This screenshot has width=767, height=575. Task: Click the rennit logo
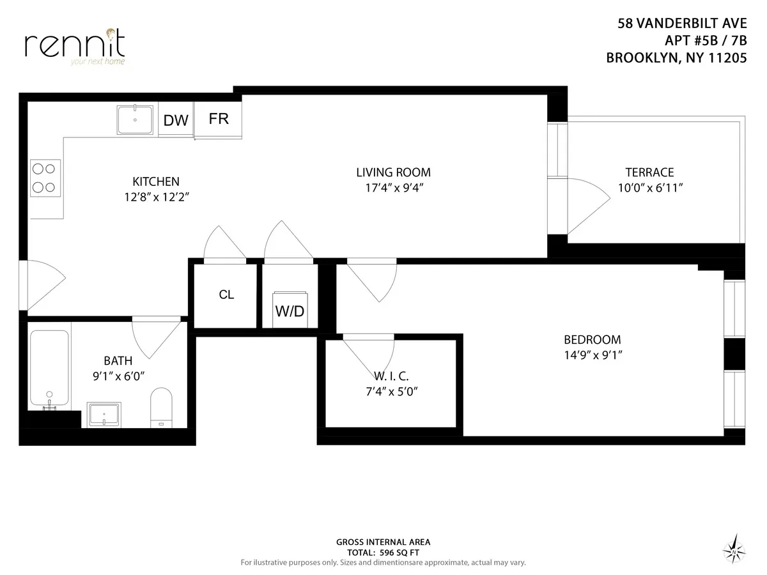[x=75, y=45]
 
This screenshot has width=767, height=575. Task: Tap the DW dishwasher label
[x=176, y=121]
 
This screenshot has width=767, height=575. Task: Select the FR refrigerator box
[x=219, y=119]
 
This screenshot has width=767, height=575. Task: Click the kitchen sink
[x=135, y=119]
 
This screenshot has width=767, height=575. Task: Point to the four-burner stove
[x=45, y=178]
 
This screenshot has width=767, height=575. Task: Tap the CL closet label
[x=226, y=295]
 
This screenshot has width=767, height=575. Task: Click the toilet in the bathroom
[x=161, y=408]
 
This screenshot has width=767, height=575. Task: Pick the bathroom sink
[x=104, y=415]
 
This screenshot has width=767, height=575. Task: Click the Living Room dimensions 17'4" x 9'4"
[x=393, y=188]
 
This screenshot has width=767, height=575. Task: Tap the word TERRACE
[x=649, y=172]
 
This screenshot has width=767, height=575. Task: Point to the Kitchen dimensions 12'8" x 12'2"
[x=156, y=197]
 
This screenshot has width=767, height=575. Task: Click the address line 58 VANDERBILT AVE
[x=681, y=24]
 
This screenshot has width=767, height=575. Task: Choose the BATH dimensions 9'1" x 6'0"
[x=118, y=376]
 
